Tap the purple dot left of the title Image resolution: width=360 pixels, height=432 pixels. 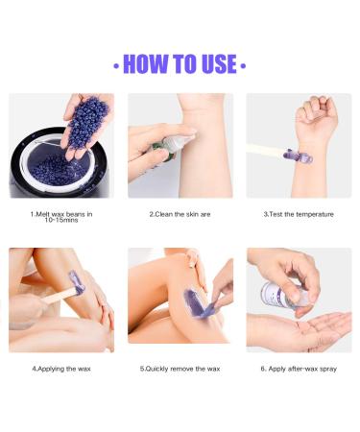click(x=116, y=65)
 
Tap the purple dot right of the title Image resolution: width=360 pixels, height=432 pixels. click(x=244, y=65)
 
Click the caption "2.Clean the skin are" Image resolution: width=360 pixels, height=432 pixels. click(x=180, y=213)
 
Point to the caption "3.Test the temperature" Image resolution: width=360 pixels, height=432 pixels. click(x=299, y=213)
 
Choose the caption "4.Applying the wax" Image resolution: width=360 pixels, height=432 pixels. click(x=60, y=368)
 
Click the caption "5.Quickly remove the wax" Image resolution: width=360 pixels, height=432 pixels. click(x=180, y=368)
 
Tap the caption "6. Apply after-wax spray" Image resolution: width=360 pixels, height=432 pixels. click(x=299, y=368)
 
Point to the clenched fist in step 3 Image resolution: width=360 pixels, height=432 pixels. click(x=317, y=115)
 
